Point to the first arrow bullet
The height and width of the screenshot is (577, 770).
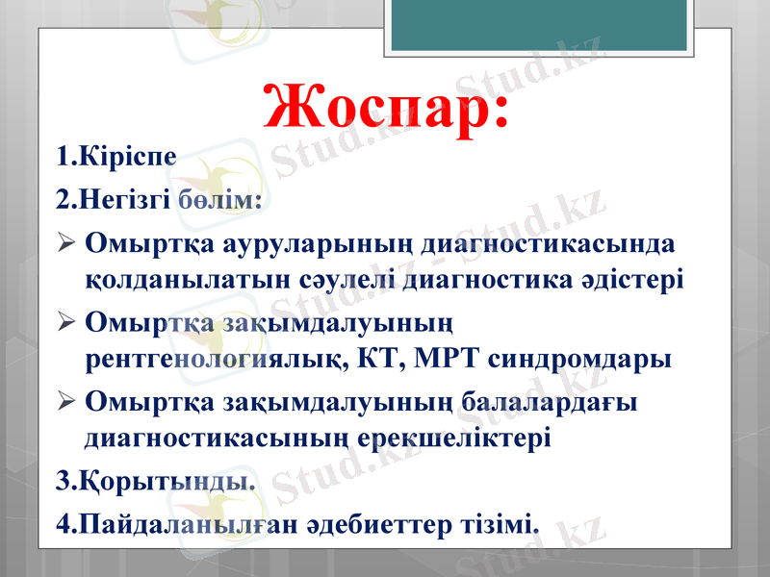point(65,243)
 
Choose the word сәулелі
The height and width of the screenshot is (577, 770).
point(339,281)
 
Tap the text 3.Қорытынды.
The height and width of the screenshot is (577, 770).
point(157,479)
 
